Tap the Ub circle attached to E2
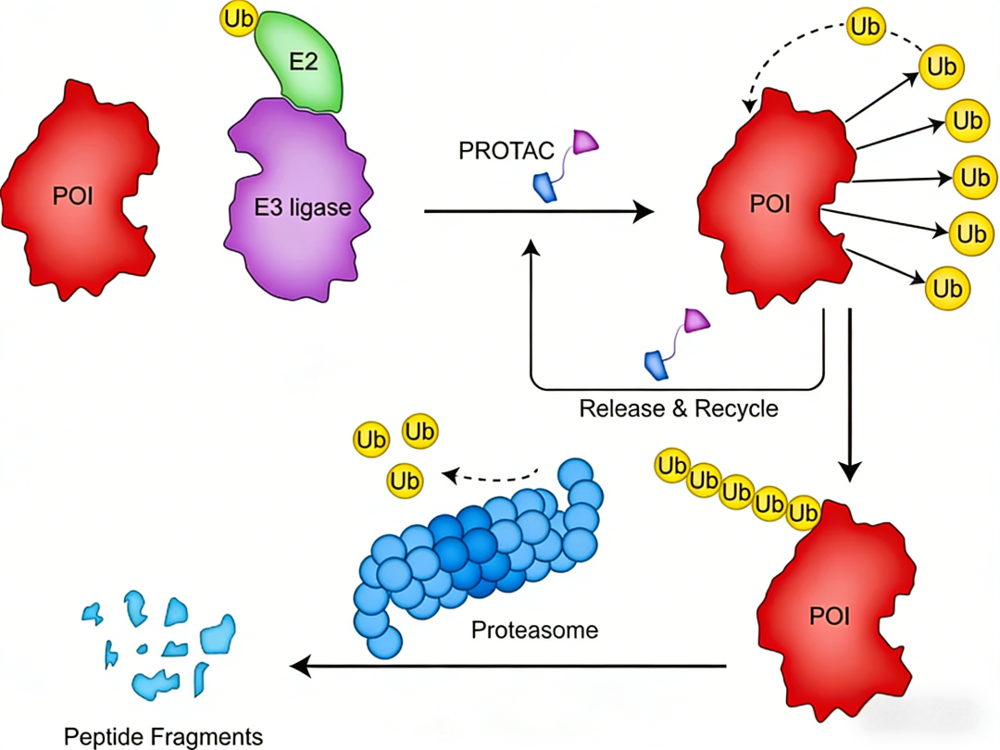coord(237,18)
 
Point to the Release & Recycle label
coord(679,408)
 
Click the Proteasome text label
coord(534,631)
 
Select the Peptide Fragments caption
coord(163,737)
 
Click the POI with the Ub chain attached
coord(838,611)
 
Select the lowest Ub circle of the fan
coord(946,288)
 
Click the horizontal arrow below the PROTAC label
coord(537,212)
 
